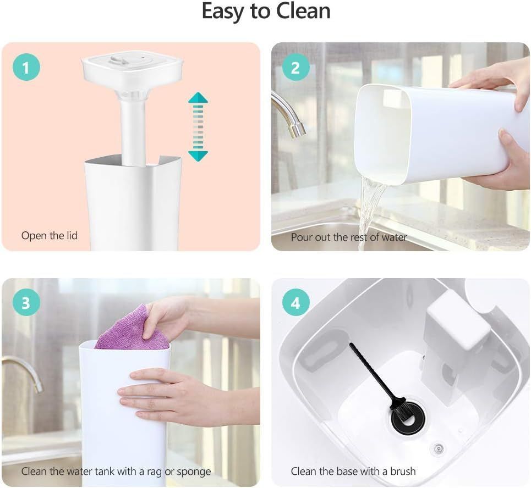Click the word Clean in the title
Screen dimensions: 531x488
point(303,11)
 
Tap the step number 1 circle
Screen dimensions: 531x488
point(26,67)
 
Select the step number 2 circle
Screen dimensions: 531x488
point(295,67)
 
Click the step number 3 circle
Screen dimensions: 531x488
point(26,303)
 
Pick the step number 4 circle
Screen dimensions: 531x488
point(295,303)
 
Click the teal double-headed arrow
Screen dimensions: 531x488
point(198,127)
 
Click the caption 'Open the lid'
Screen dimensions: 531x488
point(50,235)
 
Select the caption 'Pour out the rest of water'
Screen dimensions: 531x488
point(349,237)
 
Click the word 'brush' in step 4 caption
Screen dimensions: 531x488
point(403,471)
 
